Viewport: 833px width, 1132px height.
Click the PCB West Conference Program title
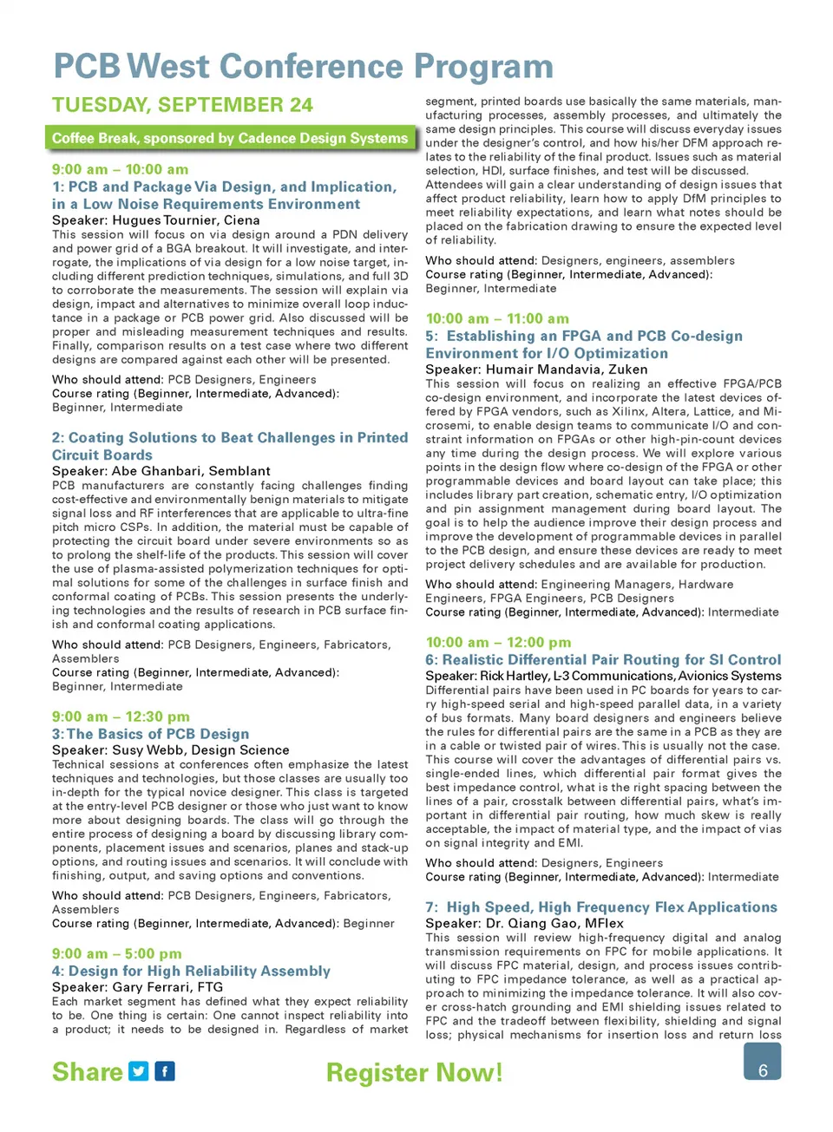point(303,67)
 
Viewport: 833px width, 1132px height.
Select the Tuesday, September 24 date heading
point(182,105)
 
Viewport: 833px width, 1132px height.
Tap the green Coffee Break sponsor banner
point(230,138)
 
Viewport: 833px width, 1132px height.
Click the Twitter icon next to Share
point(139,1071)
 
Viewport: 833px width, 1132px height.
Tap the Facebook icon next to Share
point(165,1071)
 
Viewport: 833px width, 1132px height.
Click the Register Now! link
point(414,1073)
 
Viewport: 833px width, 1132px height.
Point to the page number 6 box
point(762,1062)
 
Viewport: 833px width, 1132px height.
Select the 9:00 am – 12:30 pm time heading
point(121,716)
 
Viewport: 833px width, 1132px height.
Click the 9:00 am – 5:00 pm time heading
point(117,953)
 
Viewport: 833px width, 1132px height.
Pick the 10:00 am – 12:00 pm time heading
point(498,643)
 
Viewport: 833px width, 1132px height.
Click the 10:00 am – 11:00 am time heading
point(497,318)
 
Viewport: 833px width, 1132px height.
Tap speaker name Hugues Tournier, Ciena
point(156,220)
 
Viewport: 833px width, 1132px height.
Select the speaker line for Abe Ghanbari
point(161,471)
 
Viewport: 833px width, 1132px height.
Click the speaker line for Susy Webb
point(171,750)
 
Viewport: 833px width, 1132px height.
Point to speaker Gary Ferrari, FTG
point(137,987)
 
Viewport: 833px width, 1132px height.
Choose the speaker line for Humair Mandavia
point(536,370)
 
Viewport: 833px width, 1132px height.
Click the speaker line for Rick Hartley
point(603,676)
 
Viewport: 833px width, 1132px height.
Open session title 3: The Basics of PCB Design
point(150,734)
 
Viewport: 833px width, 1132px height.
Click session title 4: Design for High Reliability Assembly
point(191,971)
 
